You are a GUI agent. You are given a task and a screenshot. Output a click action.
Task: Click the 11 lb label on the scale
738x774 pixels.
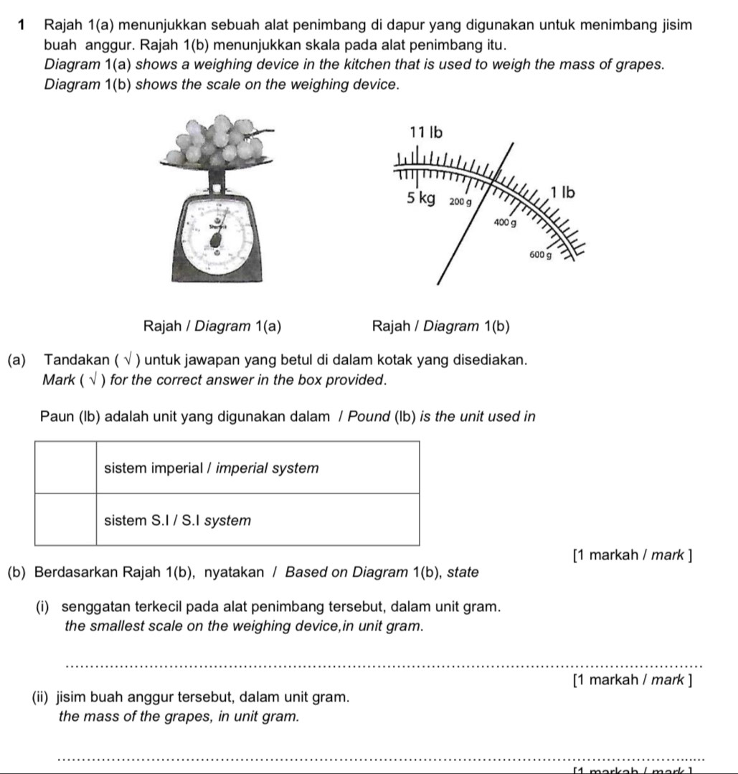(426, 132)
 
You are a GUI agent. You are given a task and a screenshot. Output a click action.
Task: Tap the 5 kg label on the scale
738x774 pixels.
(421, 199)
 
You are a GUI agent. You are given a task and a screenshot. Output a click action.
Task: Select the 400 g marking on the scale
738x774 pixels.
(505, 224)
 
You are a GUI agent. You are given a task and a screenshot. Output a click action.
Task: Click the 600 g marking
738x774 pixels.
(540, 254)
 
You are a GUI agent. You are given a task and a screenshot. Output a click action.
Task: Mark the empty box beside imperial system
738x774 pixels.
(65, 468)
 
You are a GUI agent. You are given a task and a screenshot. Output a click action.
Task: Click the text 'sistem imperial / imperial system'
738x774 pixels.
(211, 468)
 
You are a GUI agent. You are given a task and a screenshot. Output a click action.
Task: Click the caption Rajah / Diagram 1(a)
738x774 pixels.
(212, 327)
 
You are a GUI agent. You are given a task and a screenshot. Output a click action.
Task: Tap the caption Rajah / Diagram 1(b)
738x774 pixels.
(441, 327)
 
